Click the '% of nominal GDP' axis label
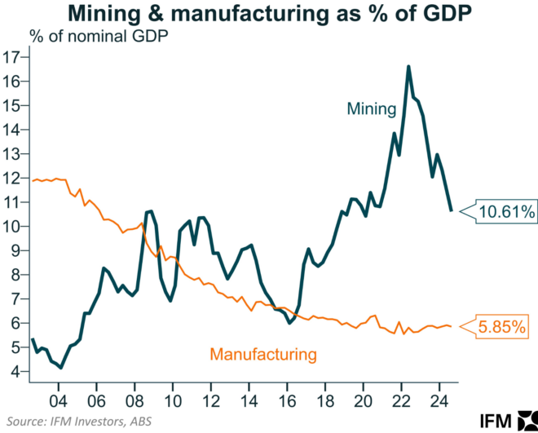(x=92, y=36)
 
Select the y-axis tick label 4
(x=16, y=371)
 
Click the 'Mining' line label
(x=371, y=108)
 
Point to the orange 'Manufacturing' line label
(x=262, y=354)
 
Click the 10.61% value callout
(x=505, y=212)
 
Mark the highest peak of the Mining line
(x=408, y=66)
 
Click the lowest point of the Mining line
(x=62, y=368)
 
